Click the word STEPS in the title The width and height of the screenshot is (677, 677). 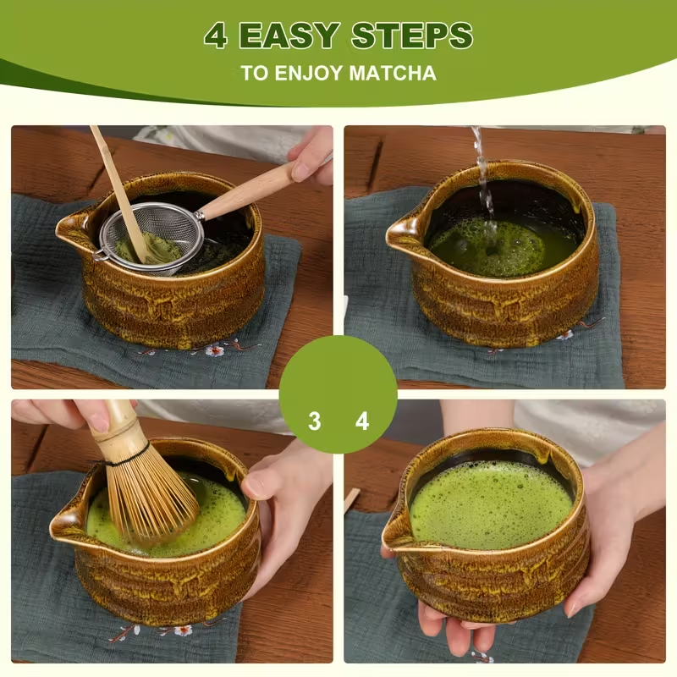(x=412, y=36)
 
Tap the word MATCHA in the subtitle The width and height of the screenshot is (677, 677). (x=392, y=73)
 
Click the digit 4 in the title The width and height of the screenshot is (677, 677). (x=217, y=36)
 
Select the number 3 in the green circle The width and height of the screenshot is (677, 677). (x=314, y=421)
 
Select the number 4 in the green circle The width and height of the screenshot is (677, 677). (x=362, y=421)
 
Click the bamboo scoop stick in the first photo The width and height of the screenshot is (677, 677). (x=118, y=186)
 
